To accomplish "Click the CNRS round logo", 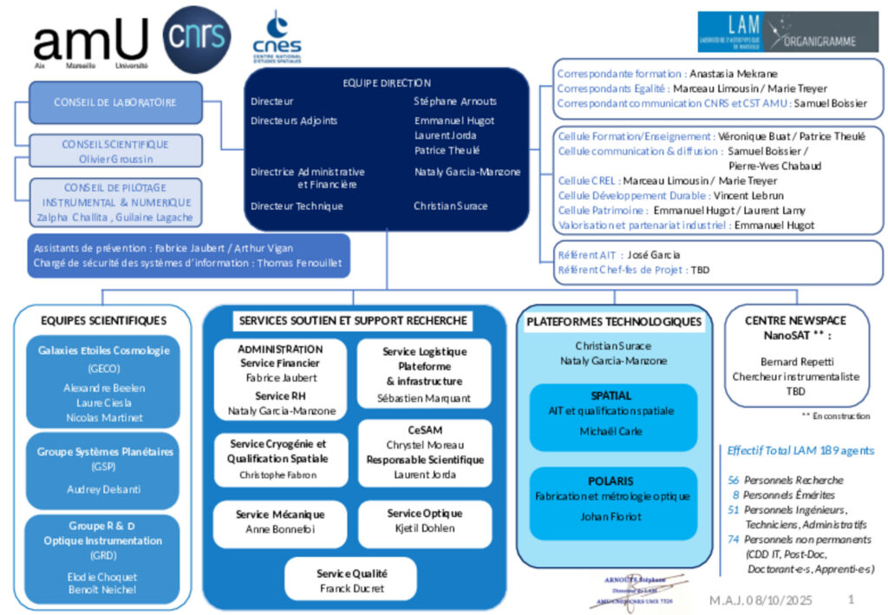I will pos(197,38).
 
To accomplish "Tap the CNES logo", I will pos(277,38).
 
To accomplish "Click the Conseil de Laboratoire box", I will pos(115,102).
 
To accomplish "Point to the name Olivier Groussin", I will pos(115,159).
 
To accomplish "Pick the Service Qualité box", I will pos(351,579).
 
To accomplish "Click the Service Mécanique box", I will pos(279,521).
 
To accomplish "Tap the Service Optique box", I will pos(424,521).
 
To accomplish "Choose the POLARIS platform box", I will pos(613,499).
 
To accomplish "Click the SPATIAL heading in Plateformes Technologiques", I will pos(611,396).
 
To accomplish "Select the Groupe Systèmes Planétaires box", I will pos(105,469).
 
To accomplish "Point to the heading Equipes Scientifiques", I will pos(103,321).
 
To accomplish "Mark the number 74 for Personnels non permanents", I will pos(734,539).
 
